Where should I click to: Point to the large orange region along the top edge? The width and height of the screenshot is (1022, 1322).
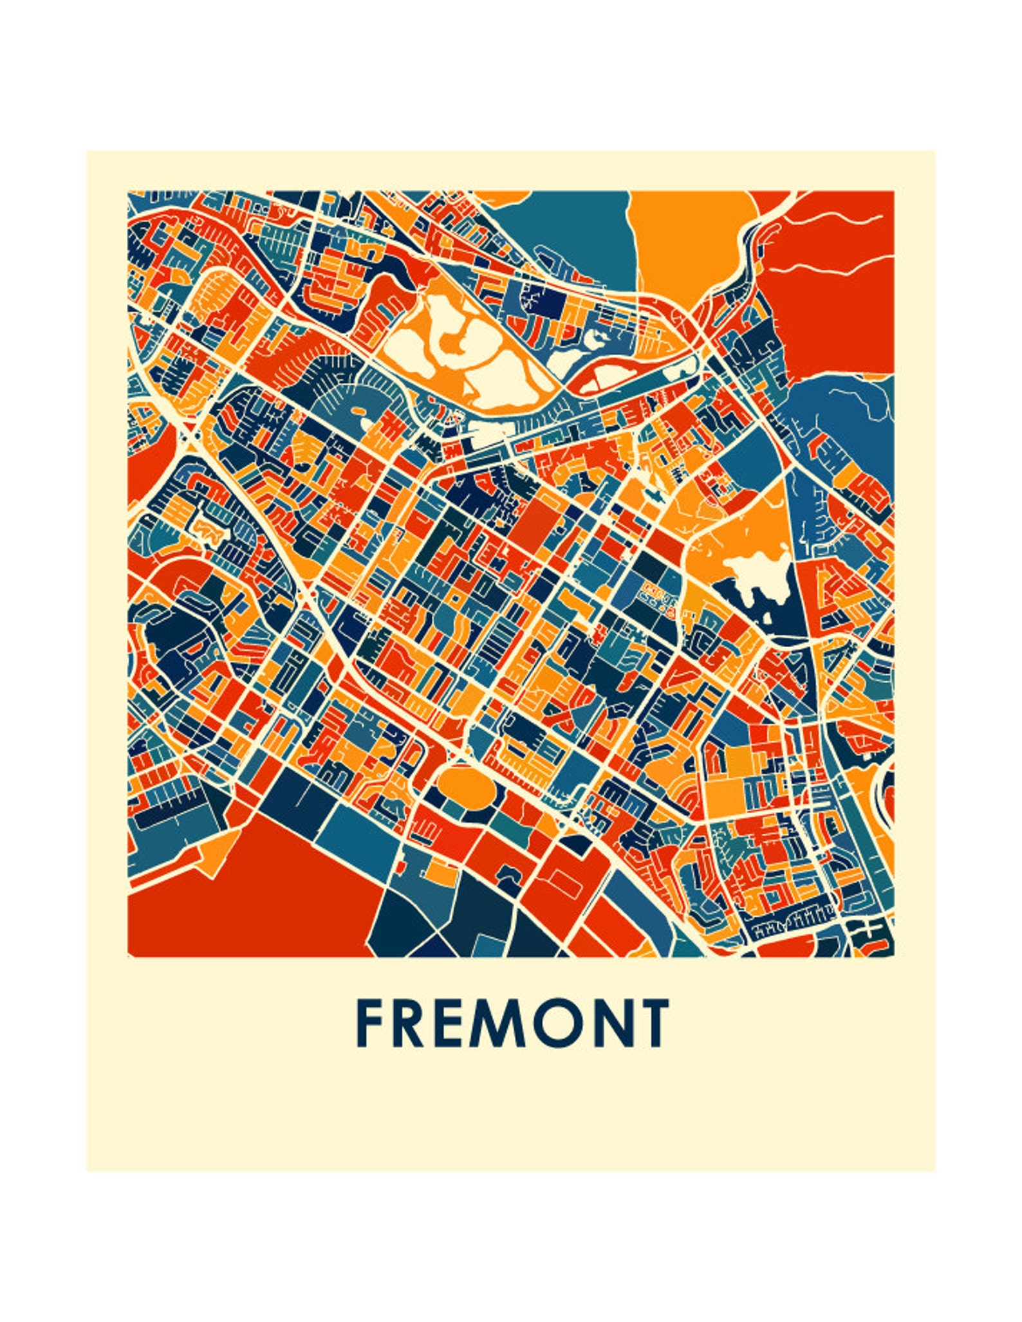[689, 244]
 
